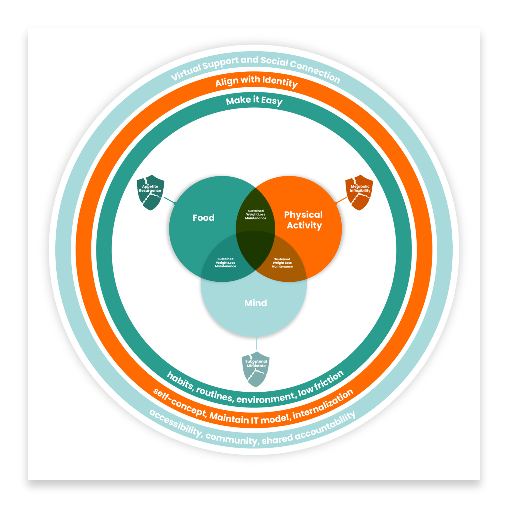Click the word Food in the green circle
tap(203, 218)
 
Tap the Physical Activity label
tap(304, 220)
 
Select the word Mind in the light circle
tap(256, 303)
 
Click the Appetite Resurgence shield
tap(150, 193)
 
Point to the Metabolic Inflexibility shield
tap(359, 193)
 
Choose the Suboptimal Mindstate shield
tap(256, 369)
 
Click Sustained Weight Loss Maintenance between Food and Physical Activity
tap(256, 215)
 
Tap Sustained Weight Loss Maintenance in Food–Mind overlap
tap(225, 263)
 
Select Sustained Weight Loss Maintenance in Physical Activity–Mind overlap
tap(282, 263)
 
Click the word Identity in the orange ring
tap(280, 82)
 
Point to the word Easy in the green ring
tap(272, 101)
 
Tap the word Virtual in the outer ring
tap(186, 72)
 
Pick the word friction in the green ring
tap(329, 380)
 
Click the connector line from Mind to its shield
tap(257, 344)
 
